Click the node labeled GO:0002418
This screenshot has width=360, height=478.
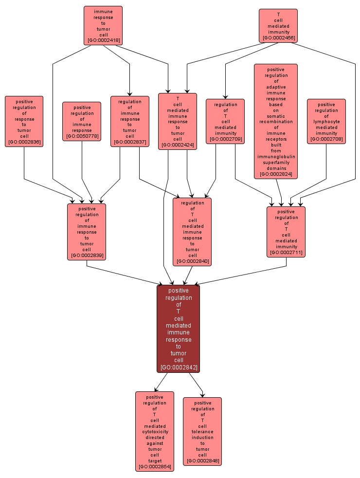(103, 25)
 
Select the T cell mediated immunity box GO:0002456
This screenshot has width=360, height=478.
(278, 25)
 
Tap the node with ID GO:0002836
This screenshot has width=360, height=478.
(24, 121)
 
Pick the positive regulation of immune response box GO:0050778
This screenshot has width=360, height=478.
(82, 121)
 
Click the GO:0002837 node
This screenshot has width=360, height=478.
(129, 121)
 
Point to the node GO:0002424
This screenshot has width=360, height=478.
(178, 121)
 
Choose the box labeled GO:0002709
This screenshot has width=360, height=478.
(225, 121)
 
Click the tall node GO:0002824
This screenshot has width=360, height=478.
(276, 121)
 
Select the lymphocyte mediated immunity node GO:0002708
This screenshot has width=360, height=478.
(326, 121)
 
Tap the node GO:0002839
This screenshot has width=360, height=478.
(87, 232)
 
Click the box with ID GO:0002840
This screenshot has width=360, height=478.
(192, 232)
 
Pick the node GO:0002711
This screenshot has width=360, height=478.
(286, 232)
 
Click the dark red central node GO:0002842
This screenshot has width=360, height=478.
(179, 329)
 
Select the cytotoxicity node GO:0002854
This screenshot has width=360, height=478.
(154, 431)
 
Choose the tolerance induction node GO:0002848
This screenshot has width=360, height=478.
(202, 431)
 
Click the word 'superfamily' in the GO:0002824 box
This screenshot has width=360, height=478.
(276, 163)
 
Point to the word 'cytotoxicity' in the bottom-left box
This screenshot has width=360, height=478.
(155, 432)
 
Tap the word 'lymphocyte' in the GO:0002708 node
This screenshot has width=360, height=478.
(326, 122)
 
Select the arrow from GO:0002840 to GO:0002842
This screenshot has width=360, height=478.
(188, 275)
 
